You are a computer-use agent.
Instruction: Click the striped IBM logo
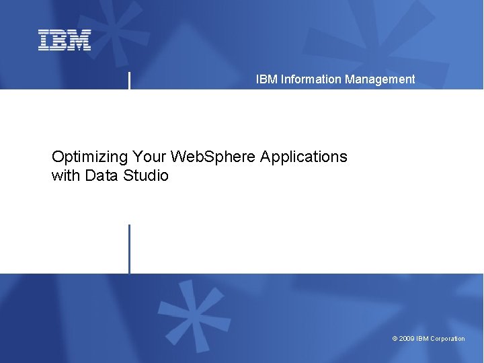click(65, 40)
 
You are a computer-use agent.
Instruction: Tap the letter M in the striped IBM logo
click(80, 40)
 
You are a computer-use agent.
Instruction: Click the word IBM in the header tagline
click(266, 79)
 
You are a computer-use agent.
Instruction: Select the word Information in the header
click(311, 79)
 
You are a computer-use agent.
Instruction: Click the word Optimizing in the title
click(89, 157)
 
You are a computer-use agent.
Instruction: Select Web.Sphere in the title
click(213, 157)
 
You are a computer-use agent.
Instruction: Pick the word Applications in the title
click(304, 157)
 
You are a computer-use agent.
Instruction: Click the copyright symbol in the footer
click(395, 339)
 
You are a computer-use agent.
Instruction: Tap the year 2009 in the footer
click(406, 339)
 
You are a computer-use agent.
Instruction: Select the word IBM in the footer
click(422, 339)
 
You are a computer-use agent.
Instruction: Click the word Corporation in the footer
click(447, 339)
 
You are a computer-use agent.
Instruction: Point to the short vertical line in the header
click(129, 80)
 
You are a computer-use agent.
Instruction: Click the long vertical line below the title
click(129, 249)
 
